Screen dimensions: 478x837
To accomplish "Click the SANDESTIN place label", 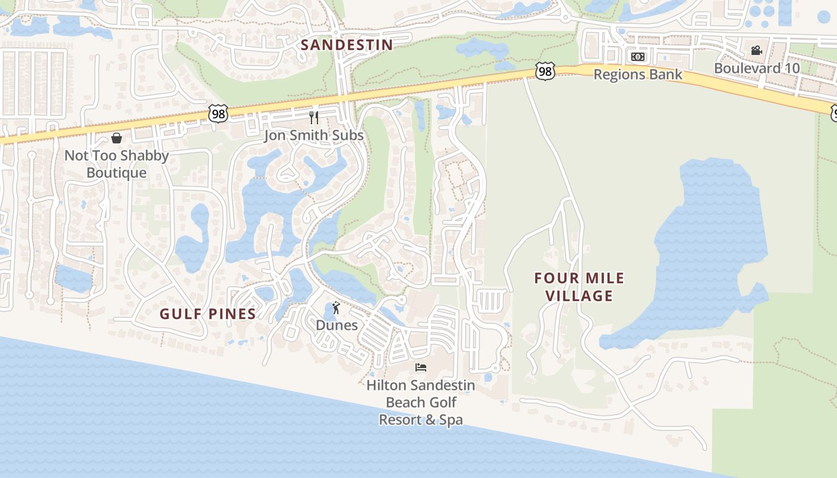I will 347,45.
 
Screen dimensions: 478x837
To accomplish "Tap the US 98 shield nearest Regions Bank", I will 545,71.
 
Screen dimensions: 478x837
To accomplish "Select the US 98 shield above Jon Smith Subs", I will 218,113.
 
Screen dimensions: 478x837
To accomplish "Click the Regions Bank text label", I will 637,75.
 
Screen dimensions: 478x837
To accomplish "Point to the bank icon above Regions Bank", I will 638,57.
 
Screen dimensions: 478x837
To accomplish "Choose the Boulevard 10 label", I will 757,68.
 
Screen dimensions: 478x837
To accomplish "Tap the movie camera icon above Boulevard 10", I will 757,50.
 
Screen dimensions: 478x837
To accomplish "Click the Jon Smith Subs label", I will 314,136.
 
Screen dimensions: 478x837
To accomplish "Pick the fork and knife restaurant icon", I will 314,117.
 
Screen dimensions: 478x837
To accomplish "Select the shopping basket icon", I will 117,138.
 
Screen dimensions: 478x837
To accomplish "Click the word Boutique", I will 117,173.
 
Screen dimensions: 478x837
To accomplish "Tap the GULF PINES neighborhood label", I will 207,314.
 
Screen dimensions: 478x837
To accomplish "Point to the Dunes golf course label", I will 337,326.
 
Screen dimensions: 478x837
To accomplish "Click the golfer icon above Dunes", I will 337,308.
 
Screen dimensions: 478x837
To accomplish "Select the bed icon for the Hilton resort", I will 421,367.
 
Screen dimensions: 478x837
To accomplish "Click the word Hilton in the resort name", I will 387,385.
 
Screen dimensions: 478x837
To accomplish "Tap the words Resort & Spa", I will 421,420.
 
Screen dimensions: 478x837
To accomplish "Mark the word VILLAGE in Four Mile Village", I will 579,296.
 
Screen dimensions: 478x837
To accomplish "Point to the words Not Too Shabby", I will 117,156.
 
